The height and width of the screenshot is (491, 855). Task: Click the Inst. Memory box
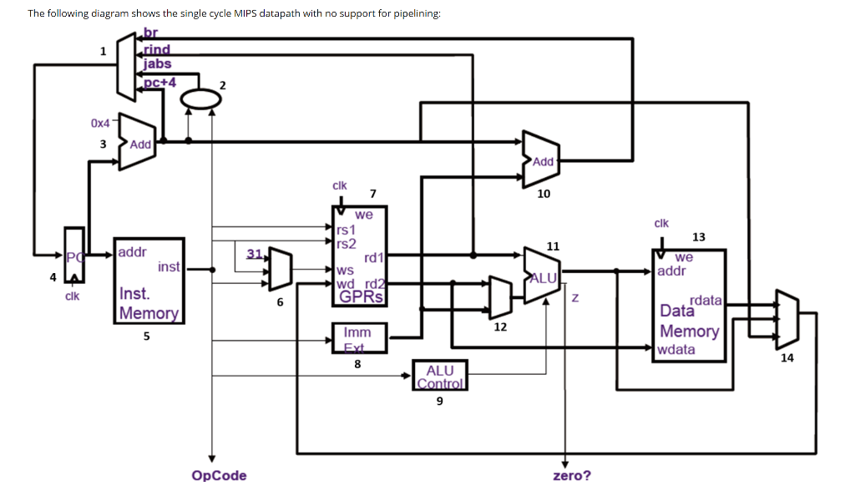tap(149, 281)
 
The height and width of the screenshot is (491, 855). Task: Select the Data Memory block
tap(689, 306)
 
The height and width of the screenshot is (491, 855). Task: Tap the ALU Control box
tap(439, 376)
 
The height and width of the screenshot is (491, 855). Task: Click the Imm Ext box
tap(357, 338)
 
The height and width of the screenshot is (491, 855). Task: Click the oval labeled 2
tap(200, 99)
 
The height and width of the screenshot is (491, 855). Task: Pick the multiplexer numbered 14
tap(787, 319)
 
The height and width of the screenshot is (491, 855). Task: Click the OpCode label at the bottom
tap(219, 475)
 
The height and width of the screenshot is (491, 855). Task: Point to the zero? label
tap(572, 475)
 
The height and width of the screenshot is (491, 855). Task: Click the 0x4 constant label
tap(100, 123)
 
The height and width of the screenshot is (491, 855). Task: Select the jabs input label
tap(157, 63)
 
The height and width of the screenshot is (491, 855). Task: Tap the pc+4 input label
tap(159, 81)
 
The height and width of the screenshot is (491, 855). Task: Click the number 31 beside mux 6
tap(255, 253)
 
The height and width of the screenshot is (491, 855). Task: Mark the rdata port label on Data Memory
tap(706, 299)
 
